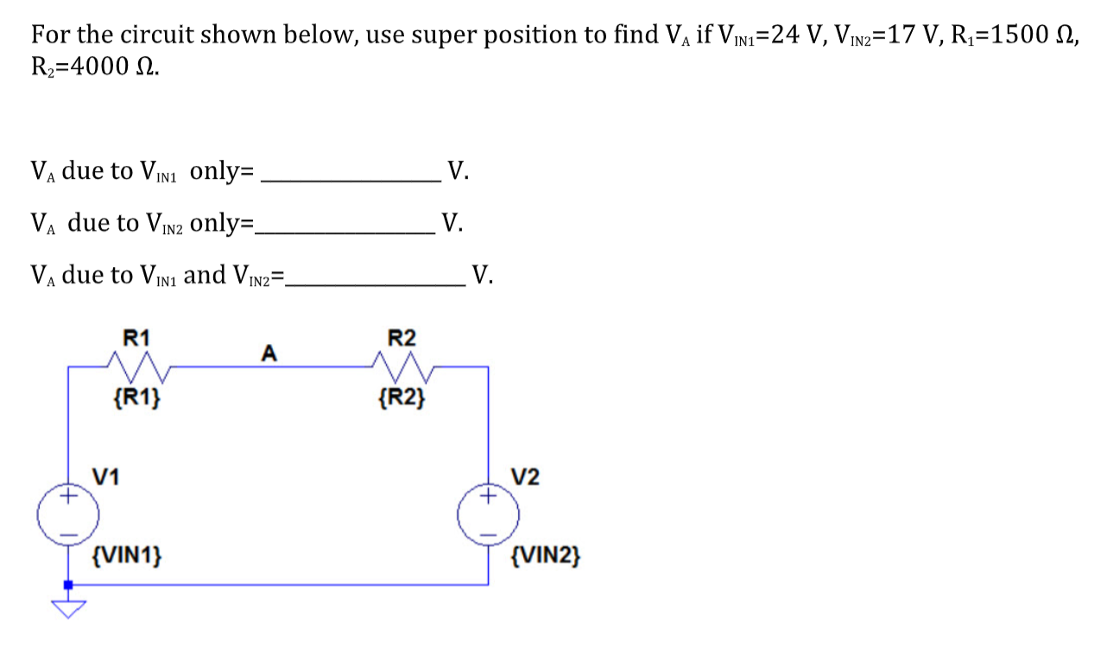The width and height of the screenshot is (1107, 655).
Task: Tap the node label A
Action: pos(269,353)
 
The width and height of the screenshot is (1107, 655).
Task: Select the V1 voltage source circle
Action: pos(68,516)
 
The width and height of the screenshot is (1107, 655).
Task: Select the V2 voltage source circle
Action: pos(489,515)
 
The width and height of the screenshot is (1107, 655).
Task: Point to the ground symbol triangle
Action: pos(68,608)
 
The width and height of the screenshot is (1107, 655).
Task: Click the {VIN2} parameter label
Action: pos(546,553)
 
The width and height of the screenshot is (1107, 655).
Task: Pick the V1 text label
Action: pos(106,476)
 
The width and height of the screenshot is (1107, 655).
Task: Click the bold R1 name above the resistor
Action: pos(136,337)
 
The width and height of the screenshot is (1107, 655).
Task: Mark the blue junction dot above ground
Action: pos(68,585)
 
